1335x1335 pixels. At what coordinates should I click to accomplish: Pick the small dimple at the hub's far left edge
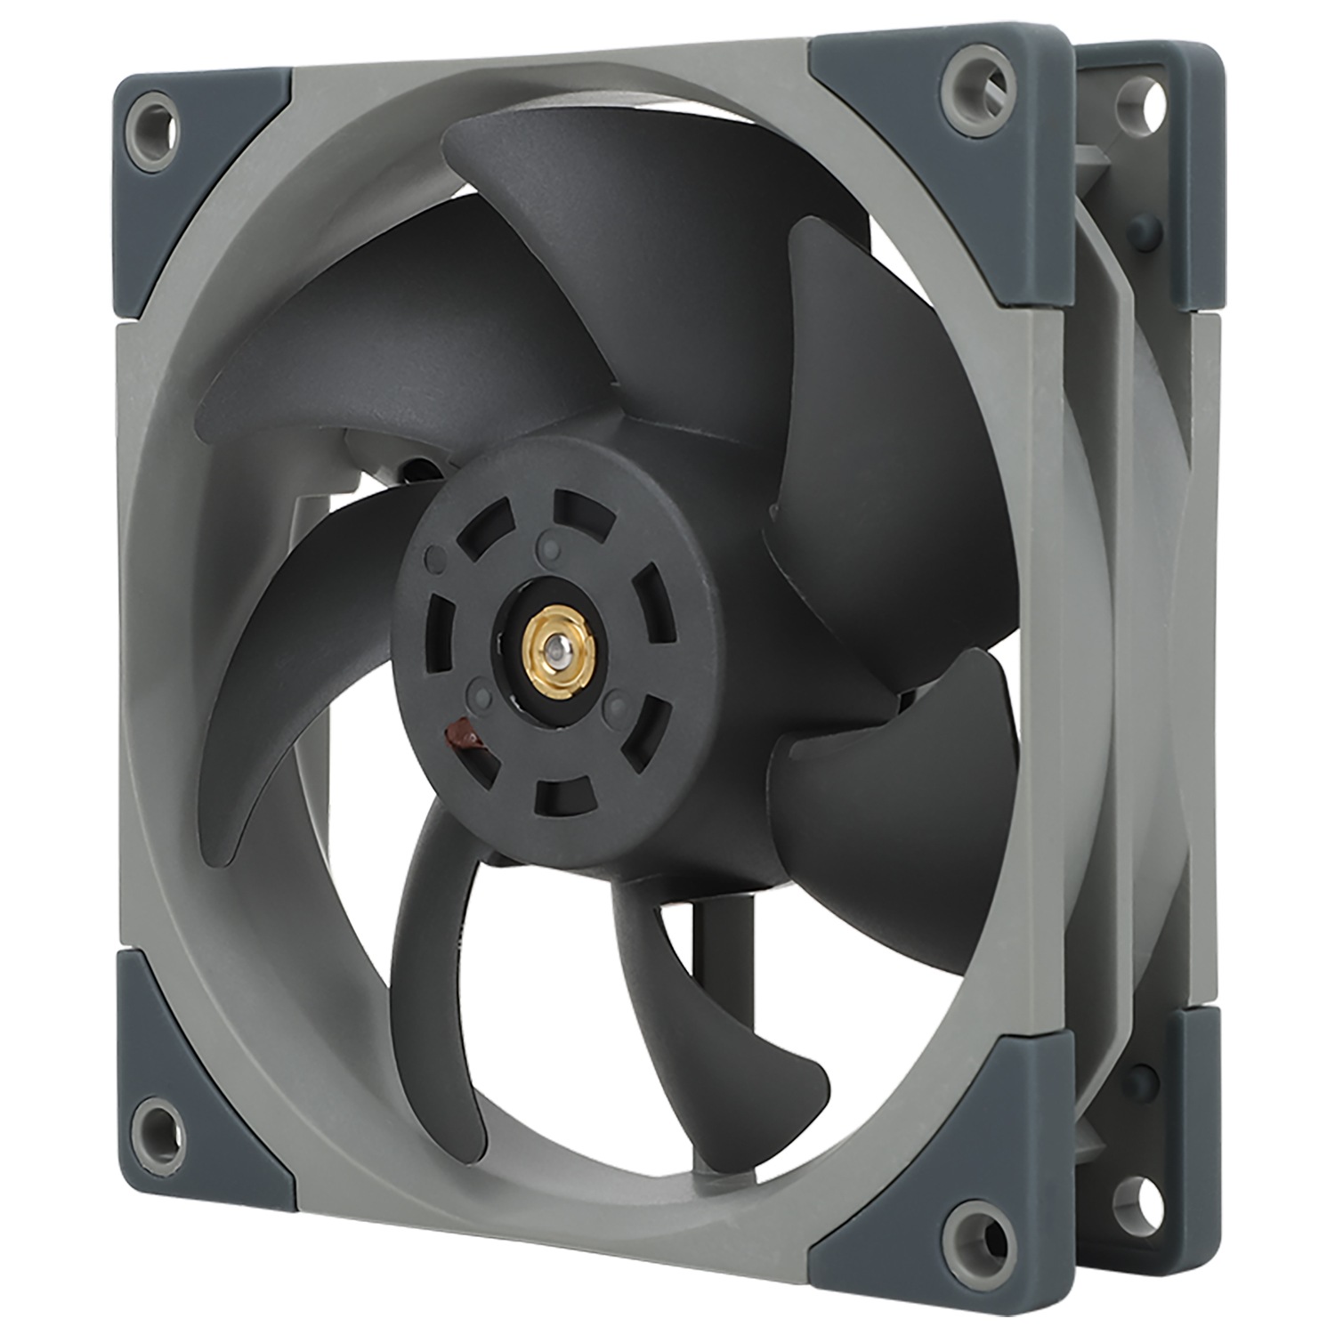[435, 559]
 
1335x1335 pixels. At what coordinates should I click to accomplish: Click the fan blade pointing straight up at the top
[570, 205]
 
